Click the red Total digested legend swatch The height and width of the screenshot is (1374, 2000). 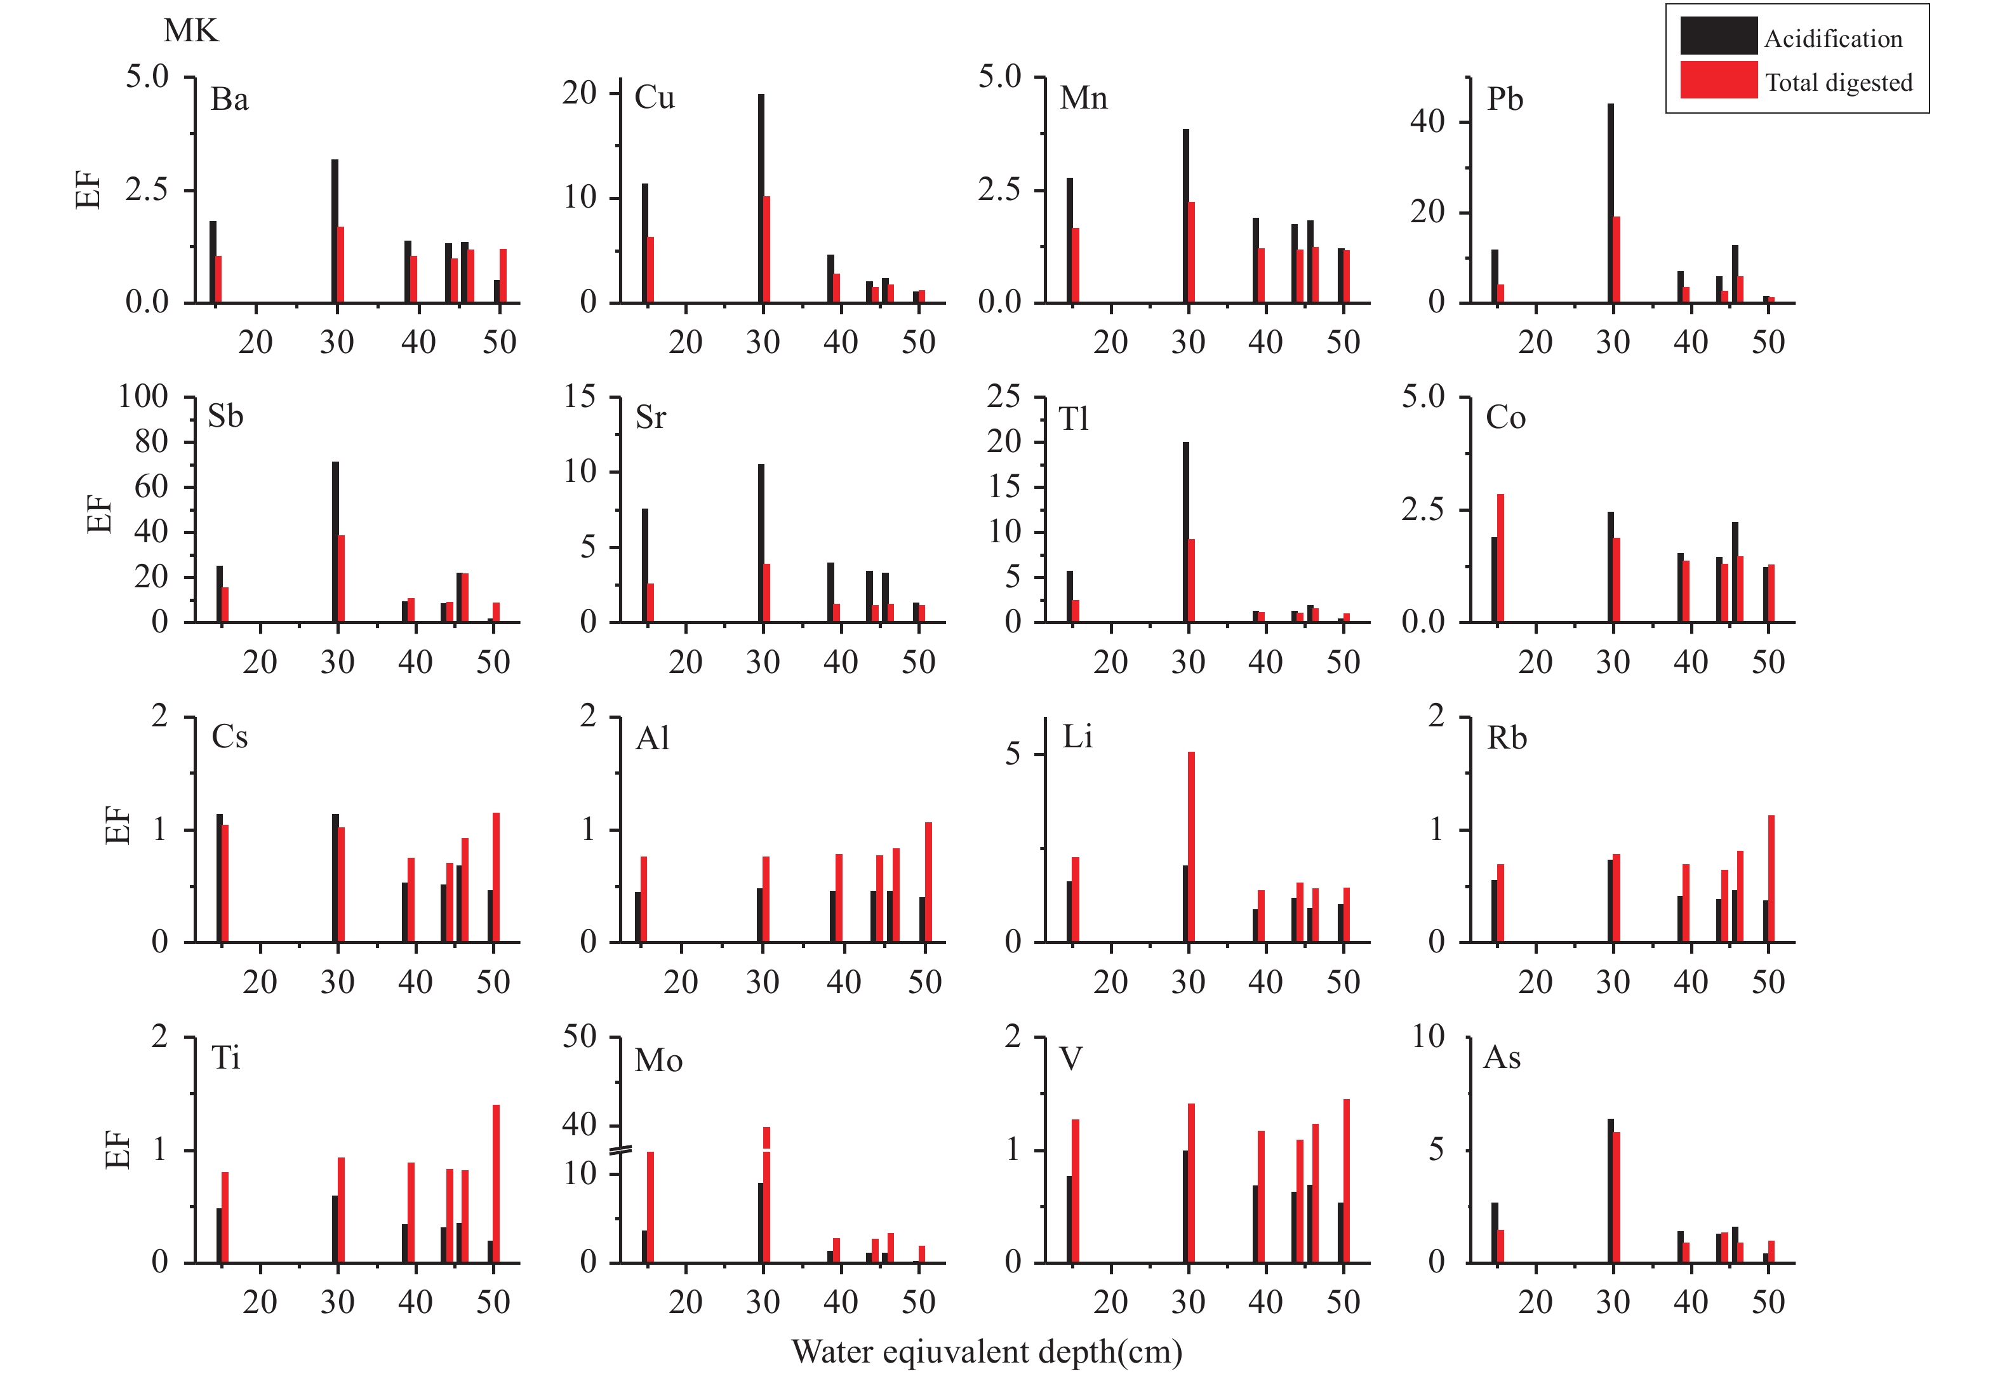click(x=1717, y=80)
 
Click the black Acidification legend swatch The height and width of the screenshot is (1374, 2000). click(x=1717, y=36)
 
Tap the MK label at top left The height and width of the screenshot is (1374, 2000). click(x=190, y=31)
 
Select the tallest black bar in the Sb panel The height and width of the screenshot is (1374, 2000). click(x=335, y=542)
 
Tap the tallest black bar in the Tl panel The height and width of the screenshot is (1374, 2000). click(x=1185, y=532)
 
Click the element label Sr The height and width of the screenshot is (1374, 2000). click(x=650, y=418)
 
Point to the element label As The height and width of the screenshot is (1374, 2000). click(x=1502, y=1057)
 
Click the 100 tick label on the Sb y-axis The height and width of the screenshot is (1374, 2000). click(x=143, y=397)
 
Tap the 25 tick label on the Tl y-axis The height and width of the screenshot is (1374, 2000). click(x=1003, y=397)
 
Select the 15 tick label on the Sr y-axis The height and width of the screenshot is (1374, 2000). click(x=580, y=397)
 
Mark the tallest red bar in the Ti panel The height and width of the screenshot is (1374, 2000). click(x=496, y=1184)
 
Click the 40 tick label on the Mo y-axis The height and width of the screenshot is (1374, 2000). click(x=580, y=1124)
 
